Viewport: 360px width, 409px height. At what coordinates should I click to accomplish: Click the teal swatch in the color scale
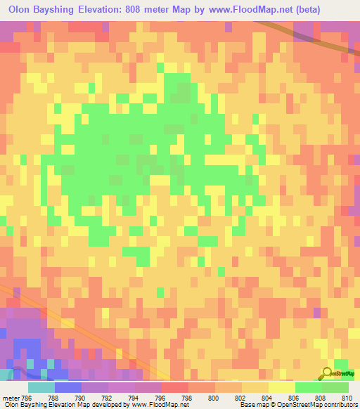[41, 387]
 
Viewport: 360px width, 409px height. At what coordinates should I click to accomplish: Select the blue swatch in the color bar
[67, 387]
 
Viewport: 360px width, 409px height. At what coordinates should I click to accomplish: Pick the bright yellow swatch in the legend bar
[281, 387]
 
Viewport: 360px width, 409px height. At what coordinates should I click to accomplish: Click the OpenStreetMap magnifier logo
[328, 373]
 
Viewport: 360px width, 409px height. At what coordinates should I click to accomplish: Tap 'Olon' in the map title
[20, 10]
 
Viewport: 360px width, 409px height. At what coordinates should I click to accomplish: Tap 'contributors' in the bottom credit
[337, 405]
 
